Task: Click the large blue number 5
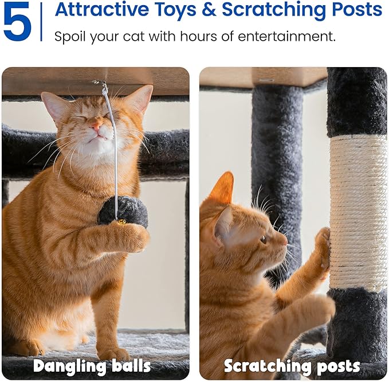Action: (17, 22)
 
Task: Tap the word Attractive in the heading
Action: (104, 10)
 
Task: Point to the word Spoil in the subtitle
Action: (69, 37)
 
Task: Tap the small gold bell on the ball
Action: (122, 221)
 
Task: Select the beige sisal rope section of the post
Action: (358, 212)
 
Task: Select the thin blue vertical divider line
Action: (41, 22)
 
